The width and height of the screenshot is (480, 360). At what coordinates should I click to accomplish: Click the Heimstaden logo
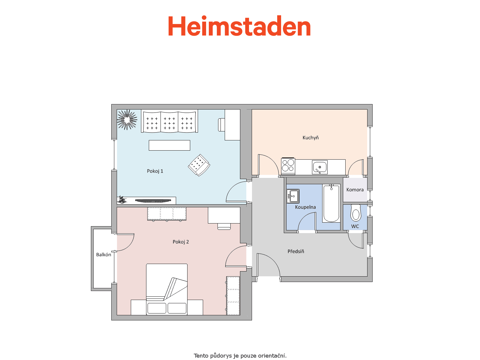click(x=239, y=26)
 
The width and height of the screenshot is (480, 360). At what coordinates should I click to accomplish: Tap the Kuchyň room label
click(x=310, y=138)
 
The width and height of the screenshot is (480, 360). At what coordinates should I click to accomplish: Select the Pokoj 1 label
click(x=155, y=171)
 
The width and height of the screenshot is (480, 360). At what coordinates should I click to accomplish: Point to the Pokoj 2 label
click(x=181, y=242)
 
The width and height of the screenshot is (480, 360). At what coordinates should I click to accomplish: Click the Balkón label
click(x=103, y=255)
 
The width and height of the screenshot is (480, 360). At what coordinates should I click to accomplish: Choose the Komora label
click(x=355, y=190)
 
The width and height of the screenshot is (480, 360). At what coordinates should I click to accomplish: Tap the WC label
click(x=355, y=226)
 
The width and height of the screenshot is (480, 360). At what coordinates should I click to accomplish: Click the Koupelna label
click(x=305, y=207)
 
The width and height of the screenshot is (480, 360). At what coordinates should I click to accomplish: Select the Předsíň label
click(x=296, y=251)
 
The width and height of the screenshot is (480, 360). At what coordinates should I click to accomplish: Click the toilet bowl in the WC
click(x=355, y=213)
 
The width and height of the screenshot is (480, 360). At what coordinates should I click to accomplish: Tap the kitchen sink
click(x=319, y=167)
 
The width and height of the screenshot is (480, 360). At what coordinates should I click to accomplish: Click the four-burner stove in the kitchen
click(x=288, y=166)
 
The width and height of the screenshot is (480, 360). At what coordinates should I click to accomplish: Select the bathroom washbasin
click(x=293, y=196)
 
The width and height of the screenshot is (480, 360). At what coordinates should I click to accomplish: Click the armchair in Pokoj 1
click(x=199, y=165)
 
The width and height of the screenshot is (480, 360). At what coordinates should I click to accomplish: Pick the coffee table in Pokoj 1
click(x=169, y=145)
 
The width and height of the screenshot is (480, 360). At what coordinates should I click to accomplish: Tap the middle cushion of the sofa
click(x=169, y=122)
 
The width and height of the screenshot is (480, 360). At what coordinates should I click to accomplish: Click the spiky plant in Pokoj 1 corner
click(x=127, y=120)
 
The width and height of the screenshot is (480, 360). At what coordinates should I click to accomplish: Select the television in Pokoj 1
click(x=153, y=200)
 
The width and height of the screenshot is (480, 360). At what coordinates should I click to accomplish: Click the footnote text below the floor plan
click(x=240, y=355)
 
